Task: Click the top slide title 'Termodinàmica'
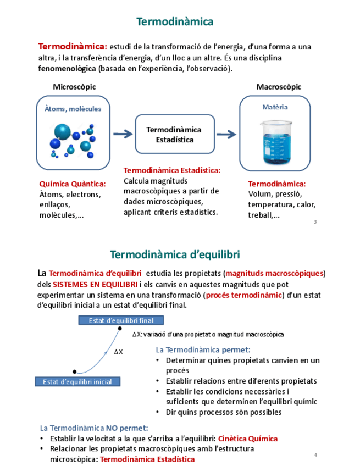(175, 22)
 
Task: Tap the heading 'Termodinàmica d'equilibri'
(175, 255)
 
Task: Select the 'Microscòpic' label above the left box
(74, 87)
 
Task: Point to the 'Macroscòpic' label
(279, 87)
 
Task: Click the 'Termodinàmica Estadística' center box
(174, 135)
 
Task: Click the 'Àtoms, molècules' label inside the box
(73, 109)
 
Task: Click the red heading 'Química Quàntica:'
(72, 184)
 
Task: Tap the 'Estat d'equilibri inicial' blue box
(77, 381)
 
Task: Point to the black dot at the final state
(120, 329)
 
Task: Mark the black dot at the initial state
(75, 372)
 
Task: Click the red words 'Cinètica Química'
(247, 439)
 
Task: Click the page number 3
(315, 222)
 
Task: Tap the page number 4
(316, 454)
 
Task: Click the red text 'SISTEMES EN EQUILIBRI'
(95, 284)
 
